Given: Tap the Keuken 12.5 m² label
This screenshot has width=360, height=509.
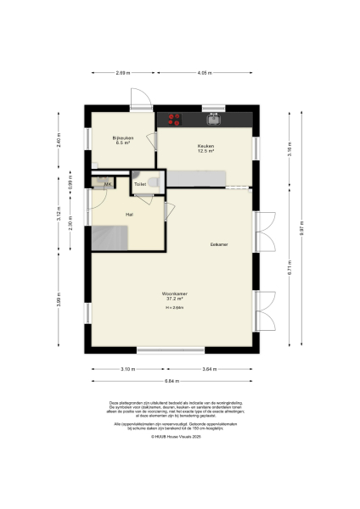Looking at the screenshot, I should coord(205,148).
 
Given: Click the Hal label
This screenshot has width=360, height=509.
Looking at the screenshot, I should coord(129,215).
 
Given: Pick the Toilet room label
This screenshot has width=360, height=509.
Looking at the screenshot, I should coord(140,184).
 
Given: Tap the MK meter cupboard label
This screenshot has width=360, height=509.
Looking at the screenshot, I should coord(108,184).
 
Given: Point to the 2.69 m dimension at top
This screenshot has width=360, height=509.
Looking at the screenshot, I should coord(122,75).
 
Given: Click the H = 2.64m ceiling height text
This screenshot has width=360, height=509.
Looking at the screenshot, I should coord(174,308).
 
